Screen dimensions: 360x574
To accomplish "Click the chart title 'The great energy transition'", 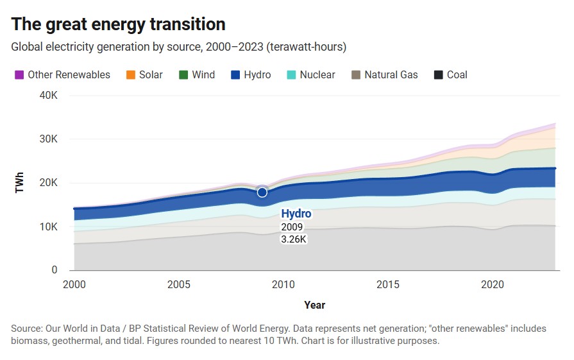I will [x=119, y=24].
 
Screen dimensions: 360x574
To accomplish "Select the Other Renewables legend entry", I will [x=62, y=75].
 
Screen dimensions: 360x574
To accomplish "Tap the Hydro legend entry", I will [x=251, y=75].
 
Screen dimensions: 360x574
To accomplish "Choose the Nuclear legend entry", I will [x=310, y=75].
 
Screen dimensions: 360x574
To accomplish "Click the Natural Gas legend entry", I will [x=384, y=75].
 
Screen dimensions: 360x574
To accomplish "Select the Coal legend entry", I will [x=450, y=75].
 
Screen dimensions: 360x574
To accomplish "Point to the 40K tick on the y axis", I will [x=49, y=96].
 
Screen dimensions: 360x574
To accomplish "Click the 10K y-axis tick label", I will [x=49, y=227].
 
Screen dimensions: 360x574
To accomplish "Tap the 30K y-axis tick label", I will [x=49, y=139].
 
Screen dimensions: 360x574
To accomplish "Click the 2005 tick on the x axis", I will [x=178, y=284].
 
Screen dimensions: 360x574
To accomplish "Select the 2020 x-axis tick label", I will [x=492, y=284].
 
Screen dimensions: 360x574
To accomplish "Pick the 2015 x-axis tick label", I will [x=387, y=284].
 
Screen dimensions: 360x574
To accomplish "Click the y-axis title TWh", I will [x=19, y=184].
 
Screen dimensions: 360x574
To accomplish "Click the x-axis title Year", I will [x=314, y=305].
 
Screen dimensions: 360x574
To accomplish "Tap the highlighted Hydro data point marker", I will [x=262, y=193].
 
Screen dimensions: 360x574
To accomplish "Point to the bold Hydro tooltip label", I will [x=296, y=214].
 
